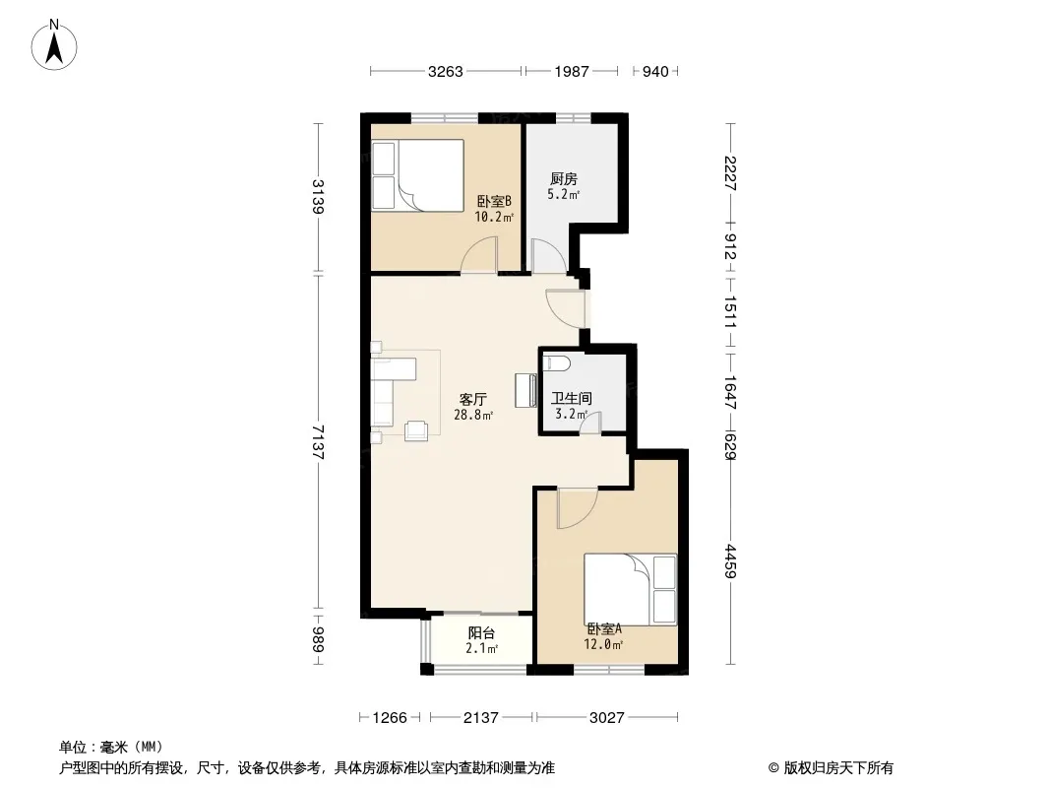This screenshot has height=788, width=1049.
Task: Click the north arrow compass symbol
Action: click(54, 45)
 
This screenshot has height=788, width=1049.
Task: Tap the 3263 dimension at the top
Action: click(446, 71)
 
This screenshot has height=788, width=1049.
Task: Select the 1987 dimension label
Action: click(572, 71)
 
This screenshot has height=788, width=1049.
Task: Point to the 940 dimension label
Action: click(655, 71)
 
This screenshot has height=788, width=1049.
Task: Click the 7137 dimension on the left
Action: click(318, 442)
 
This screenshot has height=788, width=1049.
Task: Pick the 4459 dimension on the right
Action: click(730, 561)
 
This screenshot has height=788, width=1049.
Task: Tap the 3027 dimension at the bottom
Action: click(607, 718)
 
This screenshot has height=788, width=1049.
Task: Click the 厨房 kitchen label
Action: click(563, 178)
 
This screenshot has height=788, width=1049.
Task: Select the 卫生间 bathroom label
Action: click(571, 398)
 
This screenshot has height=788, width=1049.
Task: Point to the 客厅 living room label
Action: click(472, 400)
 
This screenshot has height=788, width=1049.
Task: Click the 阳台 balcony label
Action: click(481, 632)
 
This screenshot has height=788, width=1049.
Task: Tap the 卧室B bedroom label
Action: click(494, 201)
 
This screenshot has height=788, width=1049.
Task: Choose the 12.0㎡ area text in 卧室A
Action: click(603, 645)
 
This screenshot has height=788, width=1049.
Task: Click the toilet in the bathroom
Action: click(557, 362)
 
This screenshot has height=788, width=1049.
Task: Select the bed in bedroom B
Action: click(418, 175)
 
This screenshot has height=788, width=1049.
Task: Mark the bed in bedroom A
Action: click(630, 589)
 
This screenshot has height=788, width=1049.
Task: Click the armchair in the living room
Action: click(416, 430)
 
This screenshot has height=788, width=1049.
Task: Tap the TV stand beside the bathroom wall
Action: click(525, 390)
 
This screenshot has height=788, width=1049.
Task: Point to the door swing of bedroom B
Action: click(478, 255)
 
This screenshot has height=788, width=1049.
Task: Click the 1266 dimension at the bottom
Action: click(390, 718)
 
